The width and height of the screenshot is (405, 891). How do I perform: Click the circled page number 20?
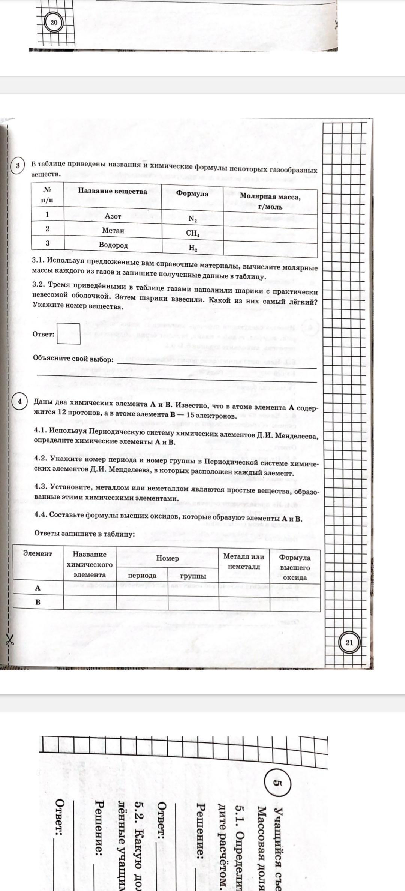pos(54,22)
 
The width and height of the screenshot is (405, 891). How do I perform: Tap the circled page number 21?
pos(349,642)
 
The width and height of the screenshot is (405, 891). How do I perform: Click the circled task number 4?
pos(19,401)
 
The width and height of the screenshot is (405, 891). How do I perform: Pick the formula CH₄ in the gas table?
pos(192,233)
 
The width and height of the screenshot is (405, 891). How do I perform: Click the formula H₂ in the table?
pos(193,247)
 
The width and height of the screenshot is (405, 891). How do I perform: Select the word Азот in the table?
pos(112,216)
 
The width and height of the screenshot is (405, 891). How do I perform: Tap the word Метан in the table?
pos(113,231)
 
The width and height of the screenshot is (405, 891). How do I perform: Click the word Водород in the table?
pos(113,245)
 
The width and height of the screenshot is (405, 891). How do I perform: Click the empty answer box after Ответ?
pos(69,333)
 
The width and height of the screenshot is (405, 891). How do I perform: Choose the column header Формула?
pos(192,193)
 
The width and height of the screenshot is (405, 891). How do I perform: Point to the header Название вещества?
pos(112,191)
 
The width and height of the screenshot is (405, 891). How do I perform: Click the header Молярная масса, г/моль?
pos(270,201)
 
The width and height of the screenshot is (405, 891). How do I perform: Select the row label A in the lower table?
pos(37,588)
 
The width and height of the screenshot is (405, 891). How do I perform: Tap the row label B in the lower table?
pos(37,603)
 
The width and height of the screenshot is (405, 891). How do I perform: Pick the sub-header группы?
pos(193,576)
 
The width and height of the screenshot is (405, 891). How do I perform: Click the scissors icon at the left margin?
pos(9,640)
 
